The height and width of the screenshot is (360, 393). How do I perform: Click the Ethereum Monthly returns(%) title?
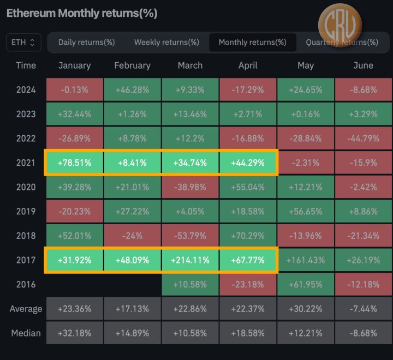tap(82, 14)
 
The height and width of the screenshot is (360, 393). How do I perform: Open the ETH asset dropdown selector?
tap(23, 42)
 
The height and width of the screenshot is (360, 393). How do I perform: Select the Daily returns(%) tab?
tap(86, 42)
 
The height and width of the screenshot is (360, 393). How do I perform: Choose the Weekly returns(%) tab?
tap(166, 42)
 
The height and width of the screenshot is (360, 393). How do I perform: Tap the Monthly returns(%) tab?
tap(252, 42)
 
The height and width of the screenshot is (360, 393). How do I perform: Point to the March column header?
tap(190, 65)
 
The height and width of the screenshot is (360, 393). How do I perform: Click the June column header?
tap(363, 65)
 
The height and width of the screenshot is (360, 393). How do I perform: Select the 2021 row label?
tap(26, 163)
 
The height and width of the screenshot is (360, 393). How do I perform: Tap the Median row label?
tap(26, 333)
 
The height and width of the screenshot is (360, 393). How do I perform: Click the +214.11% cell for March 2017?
tap(190, 260)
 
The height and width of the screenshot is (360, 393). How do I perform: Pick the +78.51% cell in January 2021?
tap(74, 163)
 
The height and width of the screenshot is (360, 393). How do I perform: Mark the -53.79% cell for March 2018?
tap(190, 236)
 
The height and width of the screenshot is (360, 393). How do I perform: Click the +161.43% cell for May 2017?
tap(306, 260)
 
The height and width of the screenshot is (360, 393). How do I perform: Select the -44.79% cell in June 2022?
tap(363, 138)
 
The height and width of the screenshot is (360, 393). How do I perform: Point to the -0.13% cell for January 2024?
tap(74, 89)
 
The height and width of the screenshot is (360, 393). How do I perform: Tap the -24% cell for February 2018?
tap(132, 236)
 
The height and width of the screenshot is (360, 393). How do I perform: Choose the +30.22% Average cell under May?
tap(306, 309)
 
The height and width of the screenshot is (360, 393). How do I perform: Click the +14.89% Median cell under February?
tap(132, 333)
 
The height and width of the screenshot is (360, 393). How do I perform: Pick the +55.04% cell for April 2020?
tap(248, 187)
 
